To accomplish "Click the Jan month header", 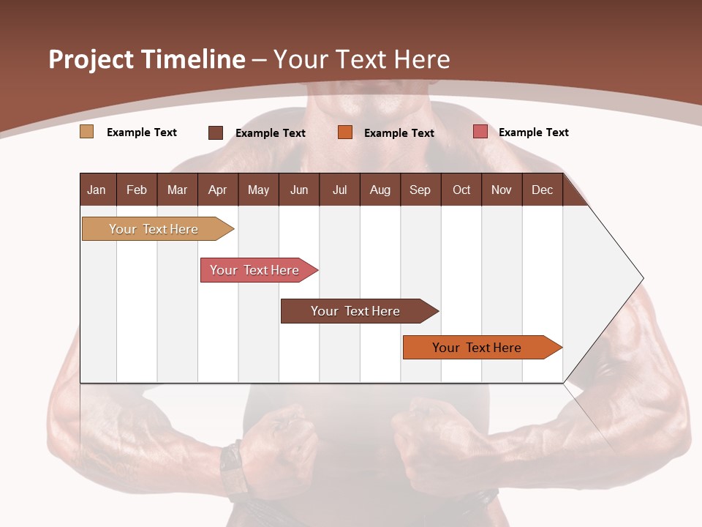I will point(97,190).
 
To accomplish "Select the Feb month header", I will point(137,190).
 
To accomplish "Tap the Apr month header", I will point(217,190).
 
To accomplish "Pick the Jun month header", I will point(299,190).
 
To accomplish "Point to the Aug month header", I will point(380,190).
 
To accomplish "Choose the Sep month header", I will point(420,190).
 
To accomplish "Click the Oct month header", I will point(461,190).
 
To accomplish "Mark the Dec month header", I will point(542,190).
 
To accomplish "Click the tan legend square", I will point(86,132).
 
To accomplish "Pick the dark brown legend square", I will point(216,132).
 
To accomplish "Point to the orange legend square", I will point(345,132).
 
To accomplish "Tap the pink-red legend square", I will point(480,132).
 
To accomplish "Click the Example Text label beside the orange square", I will point(399,132).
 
